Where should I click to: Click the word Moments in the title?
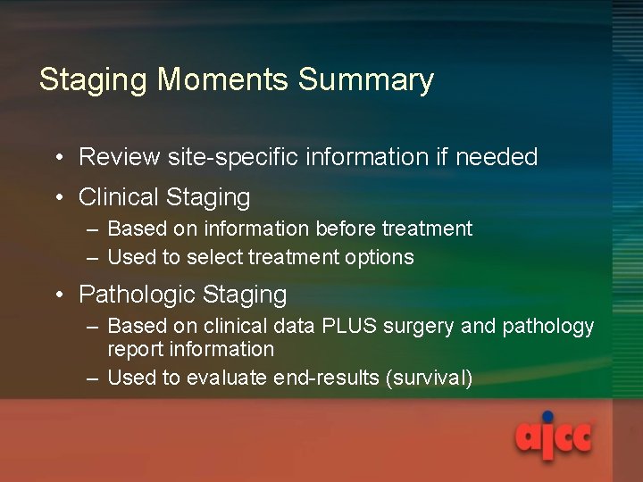tap(224, 80)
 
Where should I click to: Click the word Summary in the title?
tap(366, 80)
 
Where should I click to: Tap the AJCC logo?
tap(553, 438)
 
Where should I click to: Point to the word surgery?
tap(420, 327)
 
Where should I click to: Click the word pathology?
tap(548, 327)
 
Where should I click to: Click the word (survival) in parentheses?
tap(429, 378)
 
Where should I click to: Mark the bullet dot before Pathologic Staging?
tap(56, 295)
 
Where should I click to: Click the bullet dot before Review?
tap(56, 159)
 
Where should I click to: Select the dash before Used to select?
tap(93, 258)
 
